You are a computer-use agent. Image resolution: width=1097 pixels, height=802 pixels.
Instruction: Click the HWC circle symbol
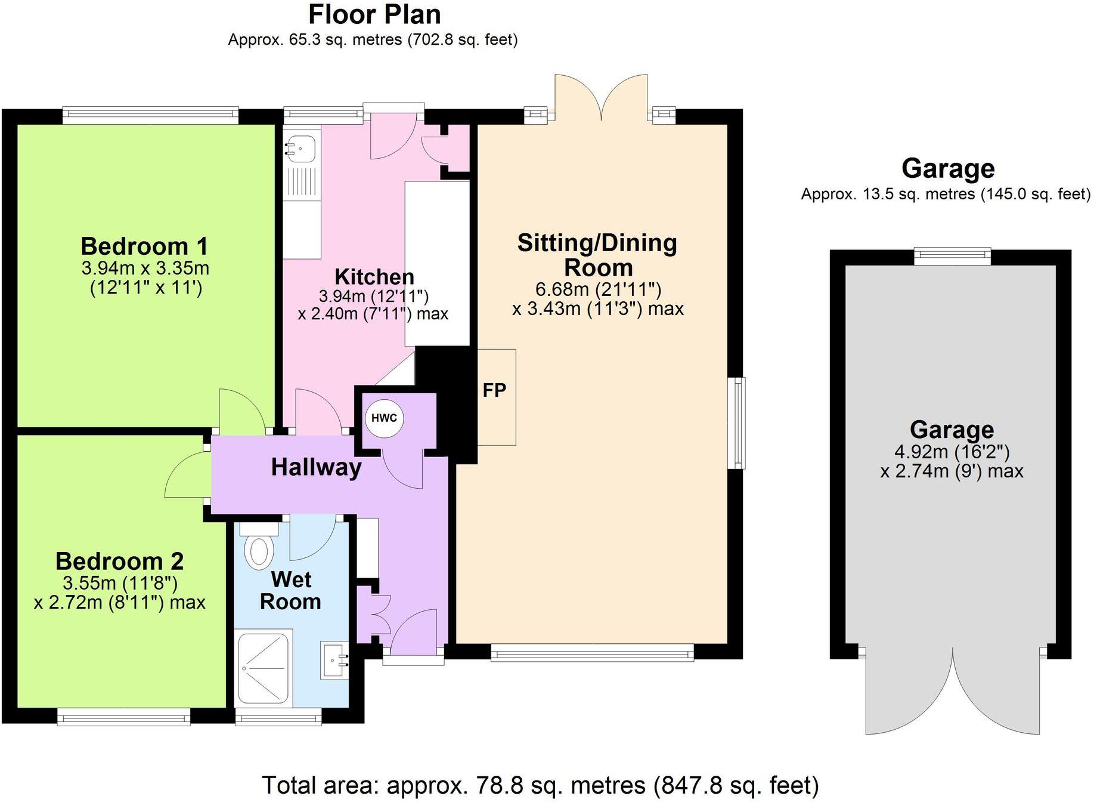(384, 418)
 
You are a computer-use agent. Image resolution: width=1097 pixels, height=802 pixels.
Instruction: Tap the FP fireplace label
(494, 390)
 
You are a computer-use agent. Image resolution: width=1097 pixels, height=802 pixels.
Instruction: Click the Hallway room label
(316, 467)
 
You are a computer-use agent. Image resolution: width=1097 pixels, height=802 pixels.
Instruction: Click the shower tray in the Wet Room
(264, 668)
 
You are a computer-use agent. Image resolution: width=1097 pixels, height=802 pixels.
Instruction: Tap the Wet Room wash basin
(335, 661)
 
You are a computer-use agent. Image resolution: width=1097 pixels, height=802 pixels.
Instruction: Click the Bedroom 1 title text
(145, 246)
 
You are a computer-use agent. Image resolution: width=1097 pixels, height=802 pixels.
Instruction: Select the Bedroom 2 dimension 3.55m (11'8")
(120, 582)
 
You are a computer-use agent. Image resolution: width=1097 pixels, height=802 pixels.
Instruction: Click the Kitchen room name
(374, 277)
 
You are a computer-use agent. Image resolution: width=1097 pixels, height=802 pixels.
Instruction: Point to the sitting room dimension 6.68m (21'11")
(598, 289)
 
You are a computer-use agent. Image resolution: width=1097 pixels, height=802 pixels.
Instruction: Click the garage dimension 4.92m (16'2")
(952, 452)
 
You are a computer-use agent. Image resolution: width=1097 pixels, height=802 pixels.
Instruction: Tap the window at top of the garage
(952, 257)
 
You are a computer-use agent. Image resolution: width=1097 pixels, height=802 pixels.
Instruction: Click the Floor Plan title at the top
(374, 14)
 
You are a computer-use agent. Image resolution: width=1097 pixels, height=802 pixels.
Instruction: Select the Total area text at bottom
(540, 785)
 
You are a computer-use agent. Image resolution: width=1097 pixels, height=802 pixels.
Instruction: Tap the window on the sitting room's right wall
(739, 422)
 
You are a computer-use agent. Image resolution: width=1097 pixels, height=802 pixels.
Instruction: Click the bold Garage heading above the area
(948, 168)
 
